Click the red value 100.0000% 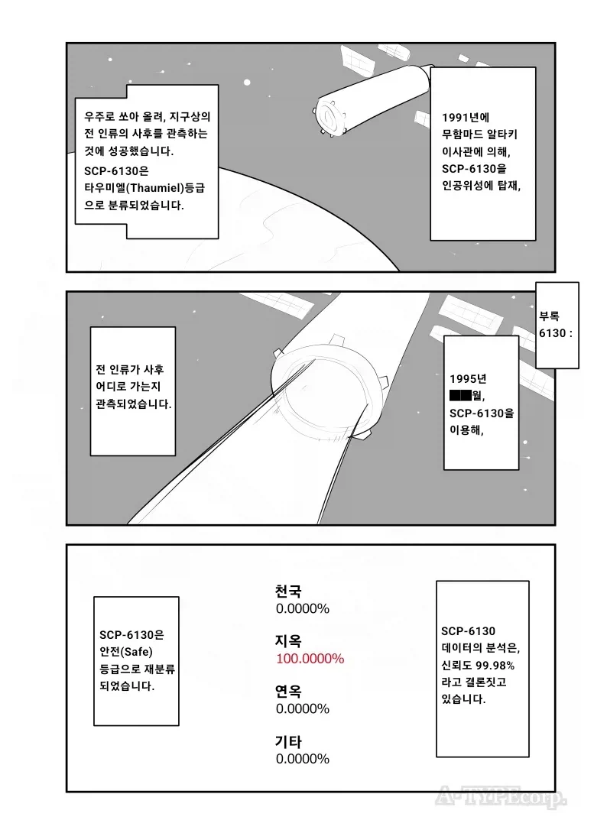coord(310,658)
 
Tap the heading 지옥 coord(288,640)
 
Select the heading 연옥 coord(288,691)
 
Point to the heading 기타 coord(288,741)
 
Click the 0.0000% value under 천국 coord(302,608)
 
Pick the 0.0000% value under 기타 coord(302,758)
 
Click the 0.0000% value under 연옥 coord(302,708)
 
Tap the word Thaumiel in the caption coord(152,188)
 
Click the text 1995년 coord(469,380)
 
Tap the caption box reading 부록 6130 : coord(556,325)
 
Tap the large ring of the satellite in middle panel coord(325,390)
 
